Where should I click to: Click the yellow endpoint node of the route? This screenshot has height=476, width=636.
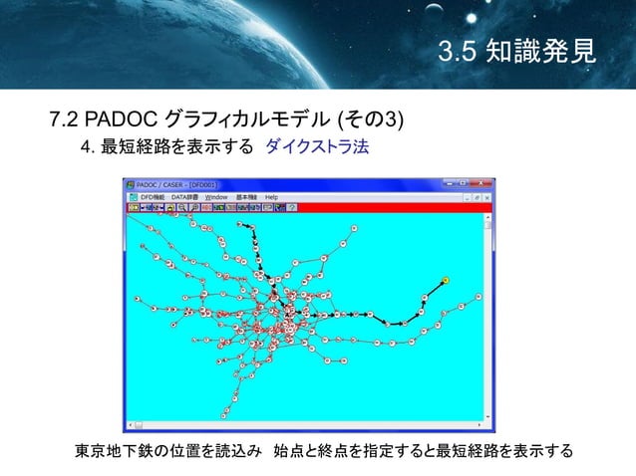point(445,280)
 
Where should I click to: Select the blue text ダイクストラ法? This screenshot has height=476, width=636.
point(317,147)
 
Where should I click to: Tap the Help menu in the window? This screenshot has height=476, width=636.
point(271,197)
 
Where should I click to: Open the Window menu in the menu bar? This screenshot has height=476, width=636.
point(216,197)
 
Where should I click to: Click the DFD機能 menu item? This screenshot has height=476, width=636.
point(152,197)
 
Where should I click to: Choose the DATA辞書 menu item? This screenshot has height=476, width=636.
point(185,197)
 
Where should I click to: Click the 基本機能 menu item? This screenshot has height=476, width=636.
point(246,197)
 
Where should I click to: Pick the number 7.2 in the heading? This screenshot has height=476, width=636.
point(64,120)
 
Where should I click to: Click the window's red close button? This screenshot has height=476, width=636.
point(487,185)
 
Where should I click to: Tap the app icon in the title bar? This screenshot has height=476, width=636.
point(128,185)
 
